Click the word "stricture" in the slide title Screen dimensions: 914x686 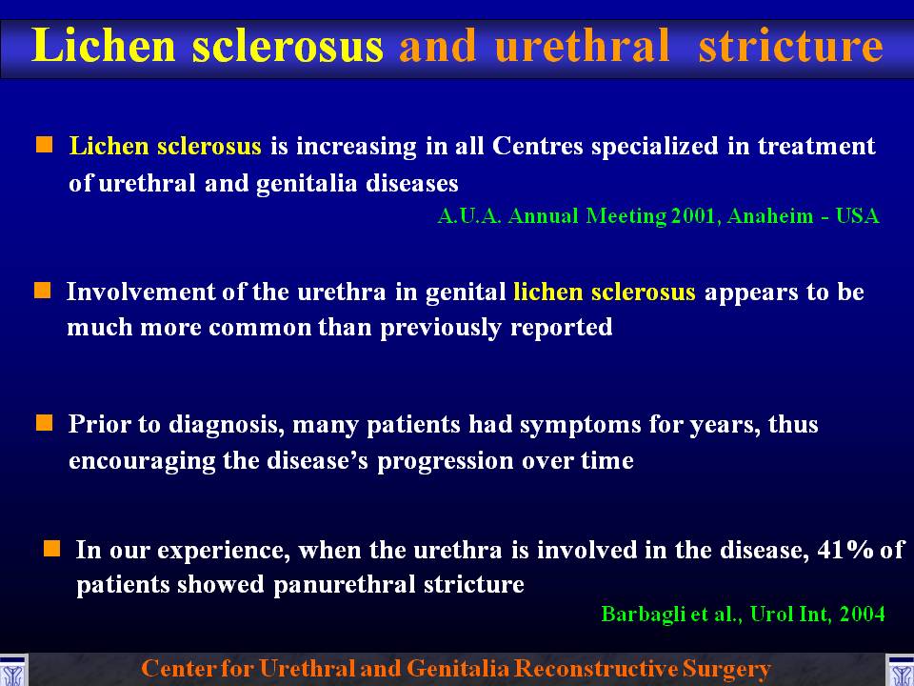point(790,47)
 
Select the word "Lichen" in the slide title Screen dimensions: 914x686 point(104,46)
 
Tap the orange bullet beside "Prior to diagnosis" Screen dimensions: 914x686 point(45,423)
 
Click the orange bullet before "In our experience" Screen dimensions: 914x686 point(51,549)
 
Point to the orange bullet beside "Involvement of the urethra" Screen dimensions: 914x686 point(43,290)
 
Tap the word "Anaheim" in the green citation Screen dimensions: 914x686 point(770,216)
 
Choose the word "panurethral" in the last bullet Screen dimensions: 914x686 point(344,584)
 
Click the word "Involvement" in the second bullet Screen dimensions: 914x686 point(141,292)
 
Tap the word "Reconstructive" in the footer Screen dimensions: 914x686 point(600,669)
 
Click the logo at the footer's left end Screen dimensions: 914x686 point(13,670)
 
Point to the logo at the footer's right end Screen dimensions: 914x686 point(900,670)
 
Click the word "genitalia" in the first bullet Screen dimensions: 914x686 point(307,184)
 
